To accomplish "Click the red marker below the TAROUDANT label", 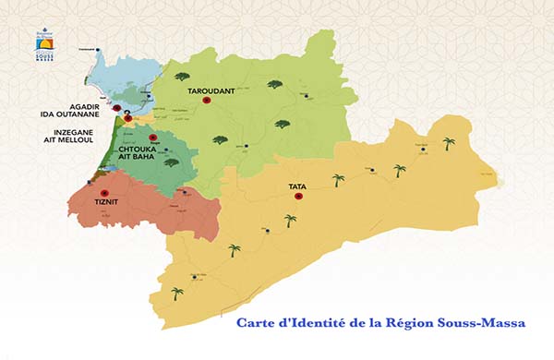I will [207, 101].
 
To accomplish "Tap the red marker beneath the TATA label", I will [298, 196].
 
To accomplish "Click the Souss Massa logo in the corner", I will [45, 44].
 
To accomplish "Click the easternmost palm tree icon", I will [449, 144].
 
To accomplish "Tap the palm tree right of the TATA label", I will [339, 181].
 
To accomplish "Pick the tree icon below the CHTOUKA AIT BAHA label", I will [171, 164].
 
